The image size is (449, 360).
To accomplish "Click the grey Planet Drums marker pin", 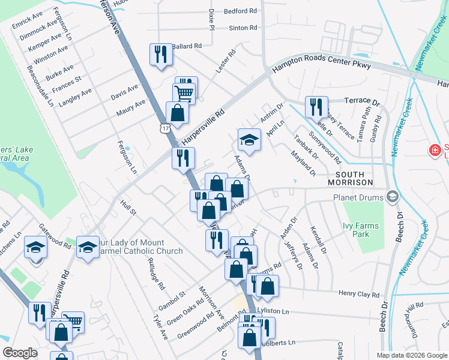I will [x=393, y=197].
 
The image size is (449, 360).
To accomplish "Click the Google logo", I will [x=20, y=352].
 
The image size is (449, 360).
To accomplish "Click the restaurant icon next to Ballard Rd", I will [x=160, y=55].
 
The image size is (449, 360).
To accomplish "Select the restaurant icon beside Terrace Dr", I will [x=316, y=107].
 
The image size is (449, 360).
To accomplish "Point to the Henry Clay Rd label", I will [x=359, y=295].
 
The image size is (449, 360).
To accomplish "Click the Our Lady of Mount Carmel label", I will [x=139, y=247].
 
